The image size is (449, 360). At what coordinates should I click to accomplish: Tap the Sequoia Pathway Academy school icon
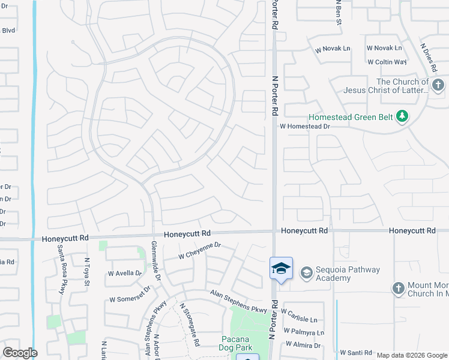pyautogui.click(x=306, y=274)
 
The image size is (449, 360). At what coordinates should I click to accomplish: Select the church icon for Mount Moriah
pyautogui.click(x=397, y=289)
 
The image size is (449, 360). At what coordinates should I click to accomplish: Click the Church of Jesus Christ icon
pyautogui.click(x=438, y=86)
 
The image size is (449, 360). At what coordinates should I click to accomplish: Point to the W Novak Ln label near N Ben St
pyautogui.click(x=333, y=48)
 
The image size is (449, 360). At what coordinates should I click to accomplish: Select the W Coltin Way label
pyautogui.click(x=387, y=62)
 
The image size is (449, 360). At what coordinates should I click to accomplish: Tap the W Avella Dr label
pyautogui.click(x=125, y=274)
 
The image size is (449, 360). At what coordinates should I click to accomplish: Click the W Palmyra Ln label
pyautogui.click(x=304, y=332)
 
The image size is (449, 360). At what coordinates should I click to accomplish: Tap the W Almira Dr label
pyautogui.click(x=304, y=345)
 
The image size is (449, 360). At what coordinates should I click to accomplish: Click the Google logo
pyautogui.click(x=20, y=353)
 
